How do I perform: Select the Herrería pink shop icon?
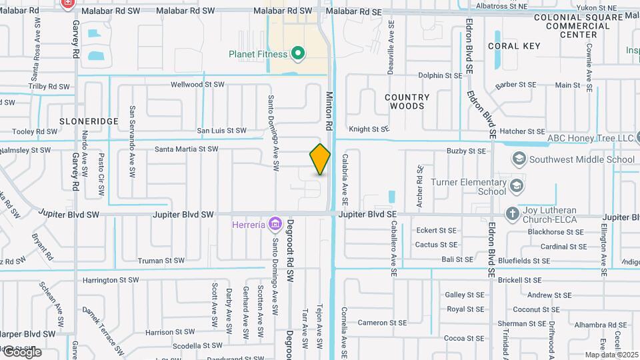273,224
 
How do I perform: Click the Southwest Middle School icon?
519,159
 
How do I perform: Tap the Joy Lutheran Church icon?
512,213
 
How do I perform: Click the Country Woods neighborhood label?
407,101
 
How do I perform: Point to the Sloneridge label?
89,121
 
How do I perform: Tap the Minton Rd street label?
329,111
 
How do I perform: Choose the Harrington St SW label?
111,280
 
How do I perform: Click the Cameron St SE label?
382,323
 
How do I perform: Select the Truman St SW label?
161,261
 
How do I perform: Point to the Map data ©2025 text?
611,355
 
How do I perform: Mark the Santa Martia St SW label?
187,149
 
